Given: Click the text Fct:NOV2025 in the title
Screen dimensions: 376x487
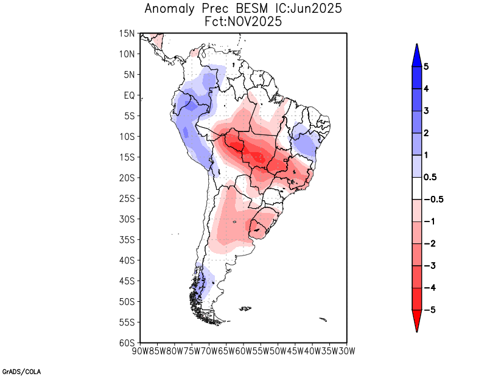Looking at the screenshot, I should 243,21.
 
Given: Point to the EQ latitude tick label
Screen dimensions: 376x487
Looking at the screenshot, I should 129,96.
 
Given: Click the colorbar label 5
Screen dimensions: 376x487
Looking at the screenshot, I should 427,67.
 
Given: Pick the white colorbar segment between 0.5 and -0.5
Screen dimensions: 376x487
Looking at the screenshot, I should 417,188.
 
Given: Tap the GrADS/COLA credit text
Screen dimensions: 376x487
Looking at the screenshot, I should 21,371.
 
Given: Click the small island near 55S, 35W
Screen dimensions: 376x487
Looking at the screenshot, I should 323,319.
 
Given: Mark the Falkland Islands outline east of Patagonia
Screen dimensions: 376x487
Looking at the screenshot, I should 245,309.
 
